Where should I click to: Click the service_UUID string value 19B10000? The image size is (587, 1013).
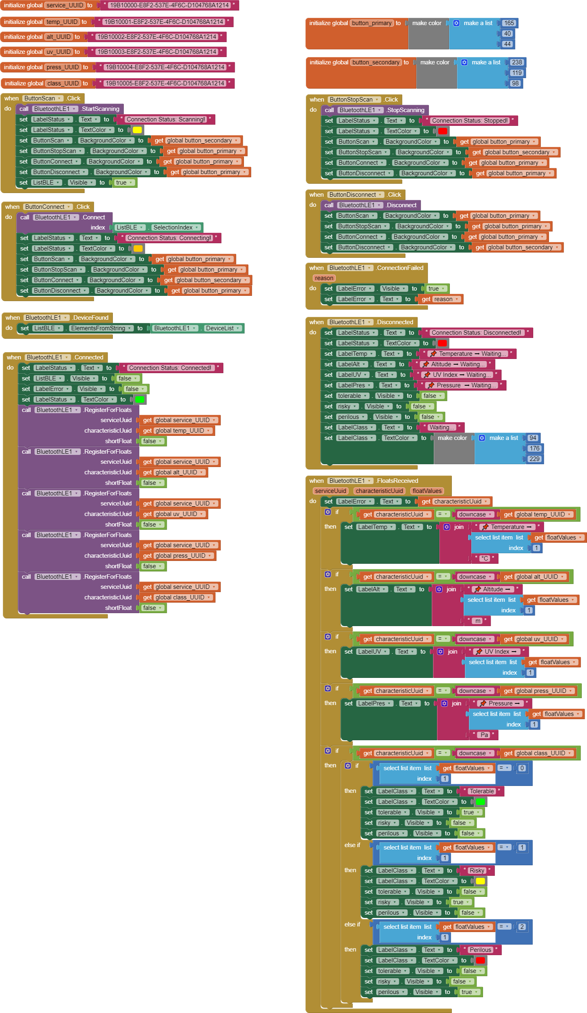(169, 5)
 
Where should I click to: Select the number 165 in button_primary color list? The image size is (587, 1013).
(509, 23)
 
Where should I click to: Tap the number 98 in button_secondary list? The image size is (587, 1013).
(515, 83)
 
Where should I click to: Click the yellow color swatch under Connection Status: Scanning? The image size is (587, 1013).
(137, 130)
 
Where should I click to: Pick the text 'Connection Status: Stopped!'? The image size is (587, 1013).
(469, 121)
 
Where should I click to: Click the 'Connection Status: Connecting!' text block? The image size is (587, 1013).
(169, 238)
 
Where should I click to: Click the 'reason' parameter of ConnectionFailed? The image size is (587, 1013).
(324, 278)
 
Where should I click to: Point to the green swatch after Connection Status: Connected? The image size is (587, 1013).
(140, 399)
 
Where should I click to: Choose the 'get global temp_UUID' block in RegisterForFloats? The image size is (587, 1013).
(177, 431)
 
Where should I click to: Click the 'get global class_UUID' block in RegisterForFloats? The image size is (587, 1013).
(177, 597)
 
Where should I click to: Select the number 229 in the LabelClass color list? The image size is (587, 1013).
(534, 459)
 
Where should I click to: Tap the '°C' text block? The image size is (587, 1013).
(485, 559)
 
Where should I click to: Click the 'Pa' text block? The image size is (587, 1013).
(484, 735)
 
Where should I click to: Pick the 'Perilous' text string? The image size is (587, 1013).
(480, 950)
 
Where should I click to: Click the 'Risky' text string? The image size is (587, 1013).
(477, 871)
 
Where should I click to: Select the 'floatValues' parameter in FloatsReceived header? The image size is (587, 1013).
(427, 491)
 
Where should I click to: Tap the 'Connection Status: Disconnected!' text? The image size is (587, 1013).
(476, 333)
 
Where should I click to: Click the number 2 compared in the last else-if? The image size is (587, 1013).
(522, 927)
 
